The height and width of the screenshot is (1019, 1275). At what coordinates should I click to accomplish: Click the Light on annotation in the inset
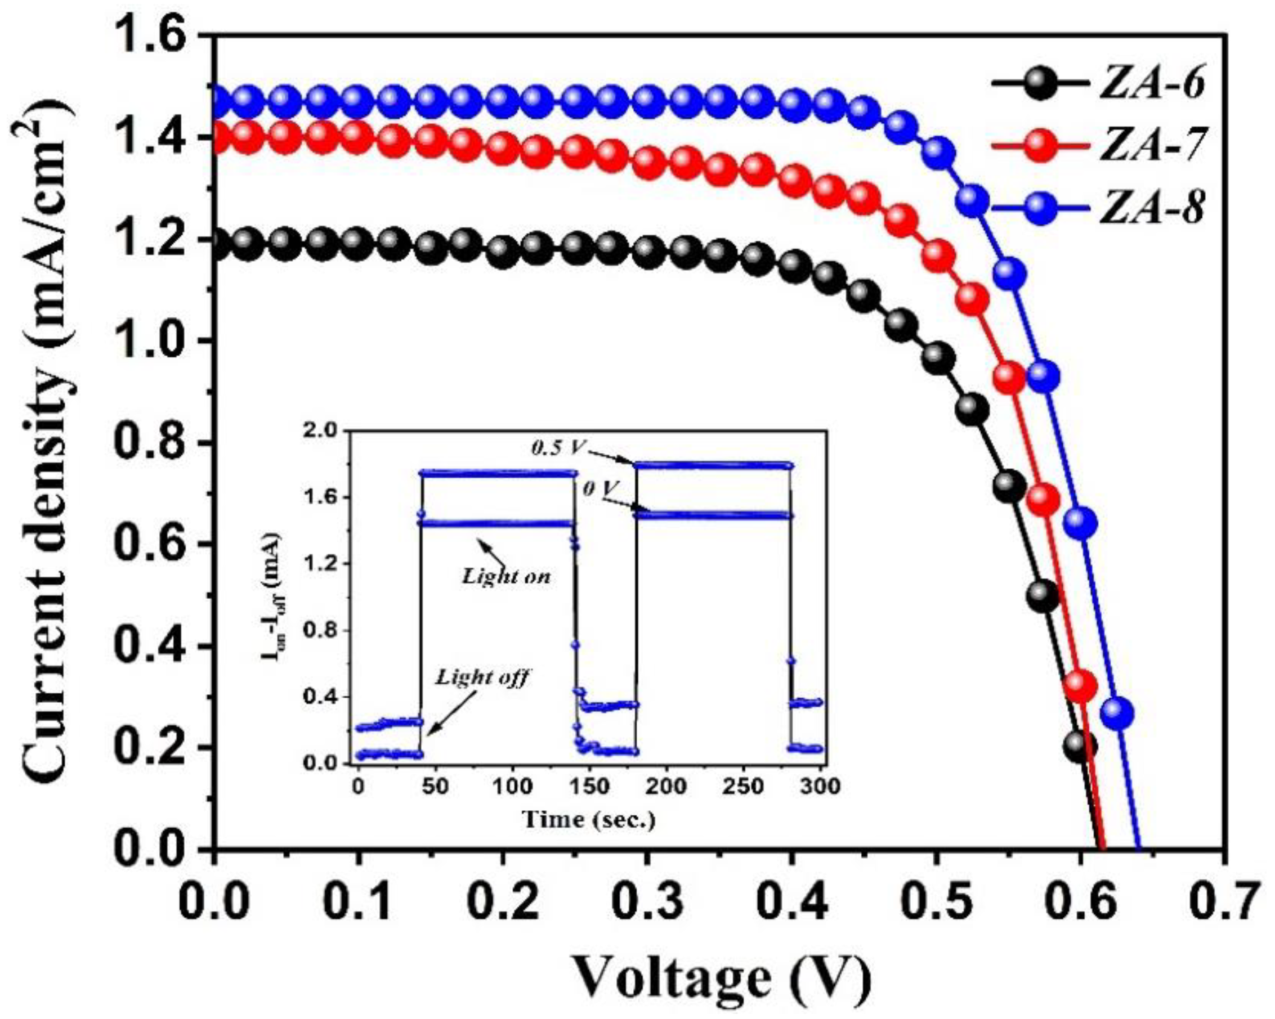coord(506,576)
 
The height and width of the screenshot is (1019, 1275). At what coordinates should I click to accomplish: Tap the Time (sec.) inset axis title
coord(589,819)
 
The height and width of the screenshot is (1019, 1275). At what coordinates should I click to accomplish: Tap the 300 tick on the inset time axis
coord(821,787)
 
